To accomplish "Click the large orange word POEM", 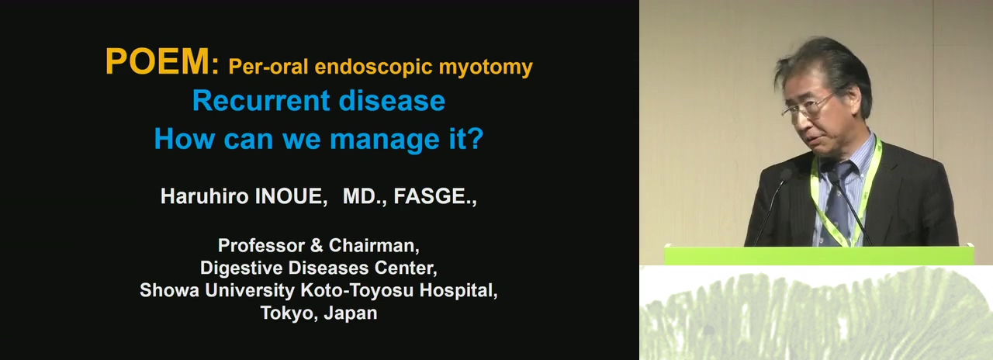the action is pos(157,61).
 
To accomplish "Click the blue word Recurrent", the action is pos(261,101).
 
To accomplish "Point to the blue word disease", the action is pos(392,101).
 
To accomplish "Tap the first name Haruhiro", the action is pos(205,196).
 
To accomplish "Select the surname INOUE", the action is pos(291,196).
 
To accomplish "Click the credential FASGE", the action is pos(435,196).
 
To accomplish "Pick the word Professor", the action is pos(261,245).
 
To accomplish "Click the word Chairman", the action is pos(374,246).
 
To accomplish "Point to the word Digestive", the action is pos(241,268).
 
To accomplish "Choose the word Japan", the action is pos(351,313).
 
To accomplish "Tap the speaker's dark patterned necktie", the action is pos(839,200).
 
